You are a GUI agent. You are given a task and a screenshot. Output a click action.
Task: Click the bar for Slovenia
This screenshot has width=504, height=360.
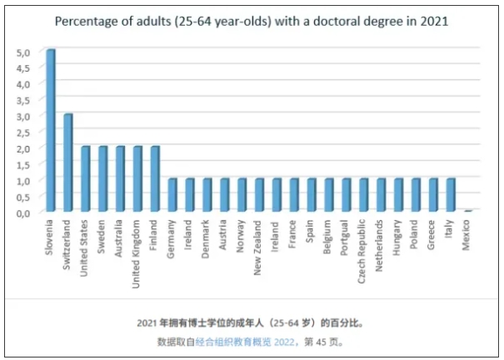[x=50, y=130]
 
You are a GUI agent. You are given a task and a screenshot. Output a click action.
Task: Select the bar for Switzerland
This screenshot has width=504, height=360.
[x=67, y=162]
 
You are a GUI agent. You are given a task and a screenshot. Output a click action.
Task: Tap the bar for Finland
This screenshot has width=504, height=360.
[x=155, y=178]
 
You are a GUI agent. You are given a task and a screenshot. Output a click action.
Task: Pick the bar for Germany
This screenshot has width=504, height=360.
[x=172, y=195]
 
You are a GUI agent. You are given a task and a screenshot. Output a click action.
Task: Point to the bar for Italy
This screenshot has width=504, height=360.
[x=451, y=195]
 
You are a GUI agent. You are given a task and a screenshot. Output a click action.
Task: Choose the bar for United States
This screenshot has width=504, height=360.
[x=85, y=178]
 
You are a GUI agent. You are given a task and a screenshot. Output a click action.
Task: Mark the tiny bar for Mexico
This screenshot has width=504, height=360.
[x=468, y=211]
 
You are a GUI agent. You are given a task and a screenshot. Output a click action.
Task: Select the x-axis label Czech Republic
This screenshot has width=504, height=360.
[x=363, y=251]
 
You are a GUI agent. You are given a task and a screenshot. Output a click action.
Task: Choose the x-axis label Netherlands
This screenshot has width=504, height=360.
[x=381, y=245]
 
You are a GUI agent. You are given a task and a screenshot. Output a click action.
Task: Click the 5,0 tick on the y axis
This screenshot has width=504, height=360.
[x=24, y=52]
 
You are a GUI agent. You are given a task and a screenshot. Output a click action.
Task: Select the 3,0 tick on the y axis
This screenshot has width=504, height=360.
[x=24, y=116]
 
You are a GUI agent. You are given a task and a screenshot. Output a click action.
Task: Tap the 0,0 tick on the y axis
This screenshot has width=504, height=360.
[x=24, y=212]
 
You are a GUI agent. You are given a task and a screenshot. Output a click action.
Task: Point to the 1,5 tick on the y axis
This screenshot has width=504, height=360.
[x=24, y=164]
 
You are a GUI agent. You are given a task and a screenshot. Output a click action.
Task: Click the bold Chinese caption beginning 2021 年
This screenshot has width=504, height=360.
[x=250, y=322]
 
